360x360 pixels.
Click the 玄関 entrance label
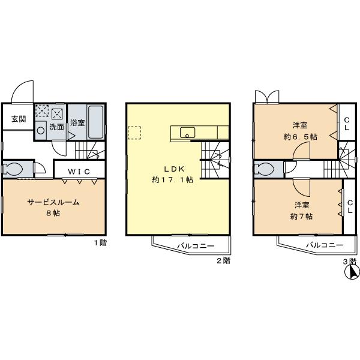coord(18,119)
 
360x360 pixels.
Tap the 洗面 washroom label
coord(56,127)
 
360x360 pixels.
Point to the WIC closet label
coord(79,172)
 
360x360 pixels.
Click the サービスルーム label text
coord(53,202)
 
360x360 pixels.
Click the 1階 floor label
coord(100,243)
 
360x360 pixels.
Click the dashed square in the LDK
coord(134,133)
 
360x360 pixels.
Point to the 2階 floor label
coord(223,261)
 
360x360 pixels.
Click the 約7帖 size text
coord(301,216)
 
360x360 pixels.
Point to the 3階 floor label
coord(349,261)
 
